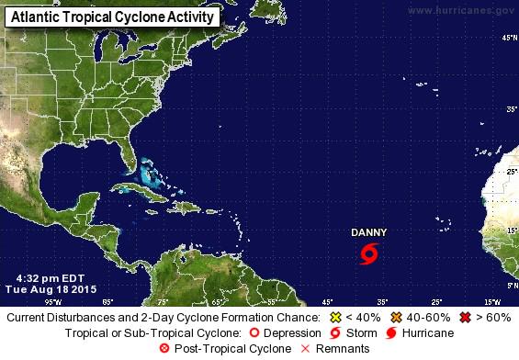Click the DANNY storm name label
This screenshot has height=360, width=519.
point(369,232)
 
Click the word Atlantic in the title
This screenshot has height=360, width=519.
point(35,17)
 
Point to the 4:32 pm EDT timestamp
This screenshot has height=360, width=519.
point(45,276)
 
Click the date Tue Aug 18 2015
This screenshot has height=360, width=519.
point(51,287)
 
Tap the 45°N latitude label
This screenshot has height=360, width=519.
point(506,38)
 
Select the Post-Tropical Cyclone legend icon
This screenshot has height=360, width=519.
point(165,348)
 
